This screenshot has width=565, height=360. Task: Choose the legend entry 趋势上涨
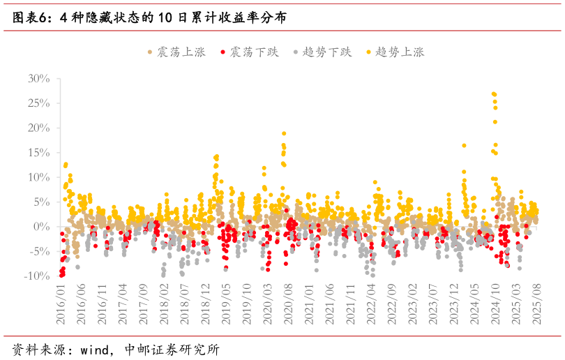399,52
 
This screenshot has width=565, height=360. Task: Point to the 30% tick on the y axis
38,79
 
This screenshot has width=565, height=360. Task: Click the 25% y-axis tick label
38,103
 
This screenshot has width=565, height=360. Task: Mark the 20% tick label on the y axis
38,128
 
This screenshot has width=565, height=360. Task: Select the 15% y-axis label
38,153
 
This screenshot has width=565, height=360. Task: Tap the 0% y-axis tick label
42,227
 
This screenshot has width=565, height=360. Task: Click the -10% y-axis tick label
36,276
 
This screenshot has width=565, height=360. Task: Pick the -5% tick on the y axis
38,251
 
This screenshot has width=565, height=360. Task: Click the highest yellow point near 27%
493,93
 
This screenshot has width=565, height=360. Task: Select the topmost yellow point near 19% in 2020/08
284,133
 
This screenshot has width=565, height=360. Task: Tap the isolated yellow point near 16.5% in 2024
464,146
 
